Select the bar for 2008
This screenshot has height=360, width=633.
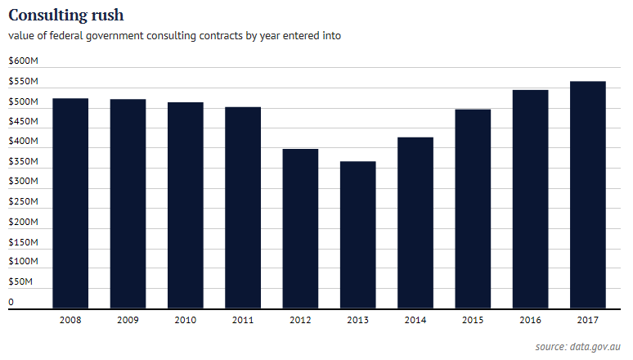[70, 204]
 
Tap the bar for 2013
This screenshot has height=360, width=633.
[358, 235]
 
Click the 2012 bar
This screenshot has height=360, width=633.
[300, 229]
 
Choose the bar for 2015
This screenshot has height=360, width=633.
[473, 209]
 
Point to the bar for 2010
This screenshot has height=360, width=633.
[186, 205]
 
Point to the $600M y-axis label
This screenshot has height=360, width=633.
[22, 61]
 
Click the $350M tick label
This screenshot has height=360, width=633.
[22, 162]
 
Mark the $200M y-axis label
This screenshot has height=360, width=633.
[22, 222]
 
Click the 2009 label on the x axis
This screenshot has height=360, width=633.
[128, 320]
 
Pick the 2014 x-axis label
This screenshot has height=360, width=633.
[415, 320]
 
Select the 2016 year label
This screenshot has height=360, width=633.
[531, 320]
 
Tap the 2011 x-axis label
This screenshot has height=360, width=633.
[243, 320]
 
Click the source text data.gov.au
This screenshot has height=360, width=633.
[598, 346]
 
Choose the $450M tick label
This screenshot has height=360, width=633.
[22, 122]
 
